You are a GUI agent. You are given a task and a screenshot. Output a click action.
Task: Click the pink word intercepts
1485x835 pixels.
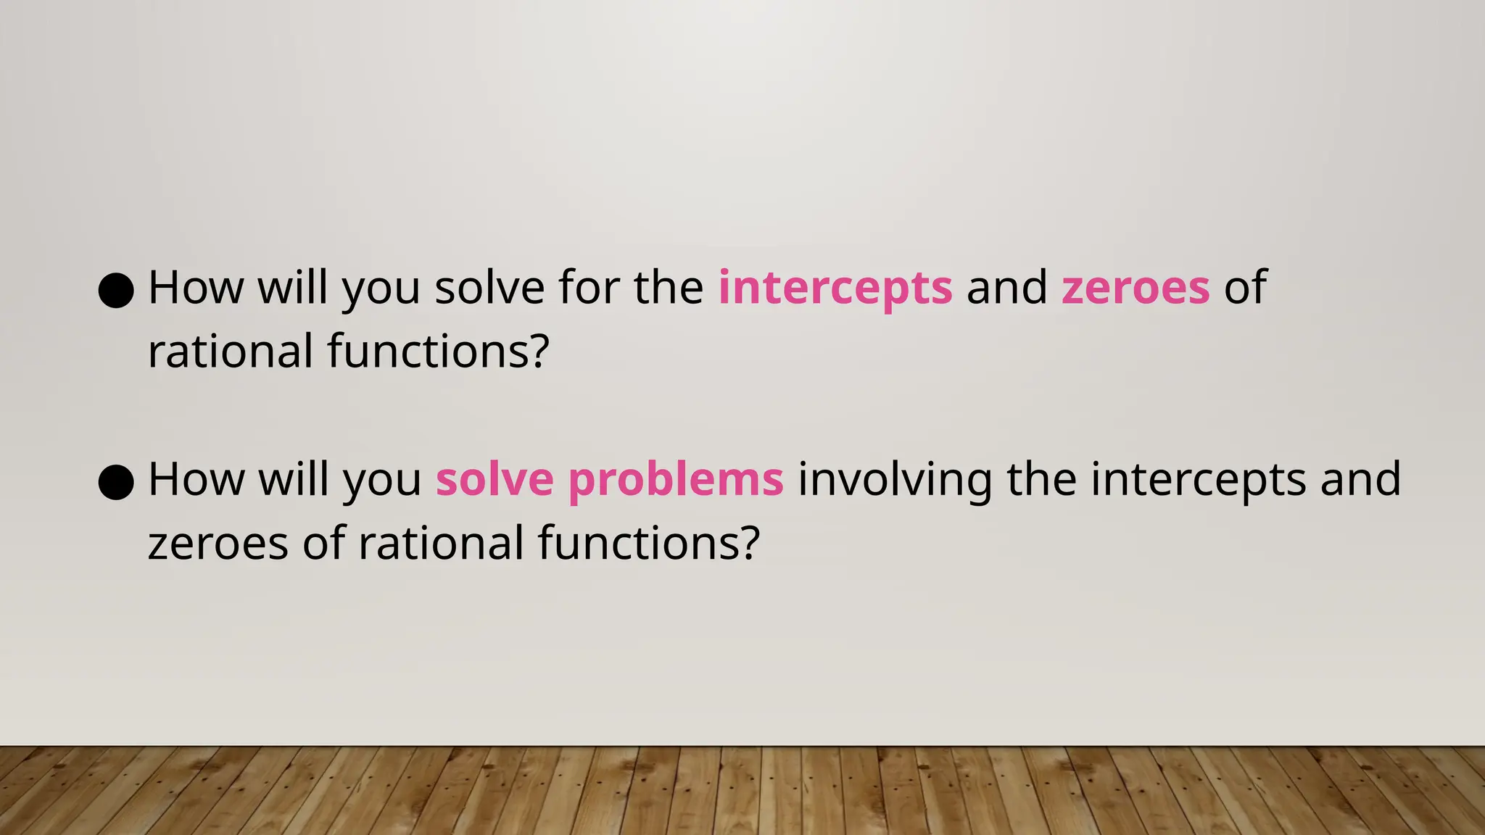click(835, 288)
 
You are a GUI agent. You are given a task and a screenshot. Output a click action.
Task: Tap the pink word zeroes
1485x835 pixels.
click(1136, 288)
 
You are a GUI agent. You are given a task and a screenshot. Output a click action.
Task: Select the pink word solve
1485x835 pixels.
click(495, 480)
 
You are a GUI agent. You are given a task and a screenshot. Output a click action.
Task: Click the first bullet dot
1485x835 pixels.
click(116, 290)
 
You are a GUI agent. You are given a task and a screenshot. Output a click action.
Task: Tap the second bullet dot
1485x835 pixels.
click(116, 482)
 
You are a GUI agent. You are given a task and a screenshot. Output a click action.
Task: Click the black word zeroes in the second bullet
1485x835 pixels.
click(218, 544)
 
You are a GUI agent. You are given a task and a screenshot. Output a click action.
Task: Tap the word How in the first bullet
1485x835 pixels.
click(196, 287)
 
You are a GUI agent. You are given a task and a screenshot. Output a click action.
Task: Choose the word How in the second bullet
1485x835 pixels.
click(196, 479)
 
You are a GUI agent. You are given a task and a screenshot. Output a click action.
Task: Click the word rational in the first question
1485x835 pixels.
click(230, 352)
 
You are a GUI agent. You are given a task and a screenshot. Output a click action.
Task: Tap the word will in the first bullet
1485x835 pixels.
click(293, 287)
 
